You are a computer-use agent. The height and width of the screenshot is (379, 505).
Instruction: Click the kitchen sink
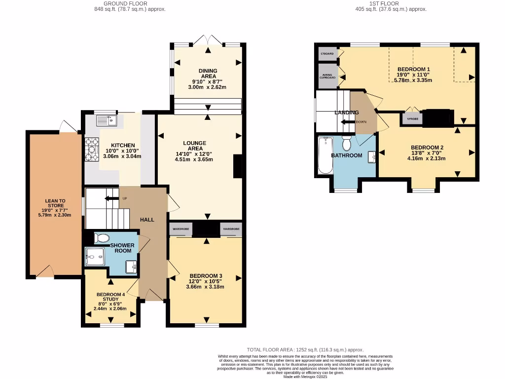click(x=104, y=120)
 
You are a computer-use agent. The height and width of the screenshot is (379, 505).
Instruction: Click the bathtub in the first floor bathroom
click(x=325, y=156)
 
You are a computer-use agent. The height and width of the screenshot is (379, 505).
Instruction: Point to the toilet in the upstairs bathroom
click(x=346, y=144)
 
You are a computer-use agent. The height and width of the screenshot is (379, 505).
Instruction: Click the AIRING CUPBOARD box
click(x=326, y=76)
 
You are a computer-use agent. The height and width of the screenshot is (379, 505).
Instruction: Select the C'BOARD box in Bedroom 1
click(x=326, y=53)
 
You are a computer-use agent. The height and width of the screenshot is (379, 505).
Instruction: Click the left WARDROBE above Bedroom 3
click(x=180, y=229)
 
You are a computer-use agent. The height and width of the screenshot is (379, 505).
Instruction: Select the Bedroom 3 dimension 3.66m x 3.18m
click(x=207, y=287)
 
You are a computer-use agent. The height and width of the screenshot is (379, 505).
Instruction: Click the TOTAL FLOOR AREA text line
click(x=306, y=349)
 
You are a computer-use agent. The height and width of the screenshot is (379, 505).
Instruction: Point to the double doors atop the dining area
click(x=207, y=40)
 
